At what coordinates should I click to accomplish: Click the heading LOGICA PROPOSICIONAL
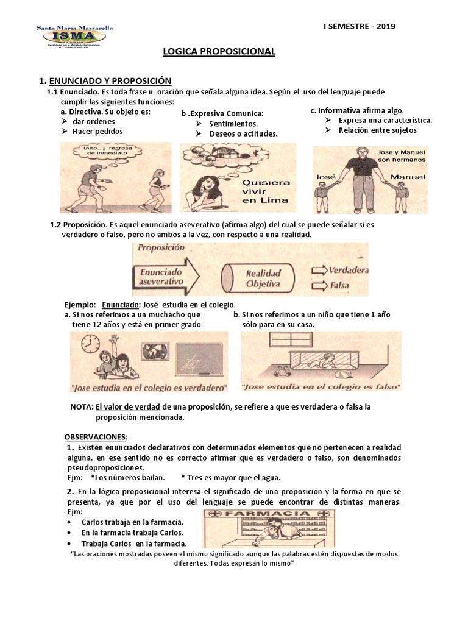(x=219, y=52)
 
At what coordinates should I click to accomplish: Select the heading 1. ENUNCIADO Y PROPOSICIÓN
(x=105, y=80)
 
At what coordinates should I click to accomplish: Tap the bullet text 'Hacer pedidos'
(x=97, y=131)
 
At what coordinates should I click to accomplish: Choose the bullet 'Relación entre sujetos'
(x=378, y=130)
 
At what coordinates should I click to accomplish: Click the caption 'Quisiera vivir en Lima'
(x=266, y=191)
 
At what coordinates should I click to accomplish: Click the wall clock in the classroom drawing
(x=91, y=344)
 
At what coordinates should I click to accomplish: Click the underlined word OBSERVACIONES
(x=96, y=437)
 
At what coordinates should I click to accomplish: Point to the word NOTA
(x=82, y=406)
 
